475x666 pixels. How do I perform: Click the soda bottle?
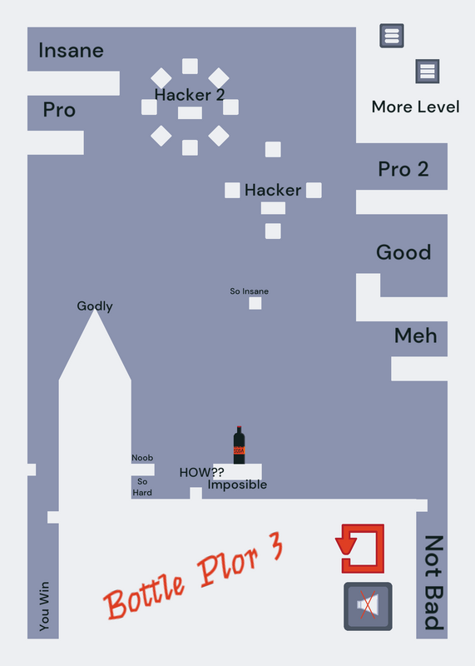point(239,445)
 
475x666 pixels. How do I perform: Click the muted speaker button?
point(368,606)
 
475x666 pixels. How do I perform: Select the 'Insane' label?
point(71,51)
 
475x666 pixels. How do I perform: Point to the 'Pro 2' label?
point(403,169)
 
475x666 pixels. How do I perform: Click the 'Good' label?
point(403,252)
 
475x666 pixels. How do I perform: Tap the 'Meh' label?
point(416,335)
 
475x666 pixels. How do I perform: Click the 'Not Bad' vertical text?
point(434,583)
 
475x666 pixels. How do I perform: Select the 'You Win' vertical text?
point(44,606)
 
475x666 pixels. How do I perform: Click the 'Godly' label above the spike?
point(95,306)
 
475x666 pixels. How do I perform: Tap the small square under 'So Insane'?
point(255,303)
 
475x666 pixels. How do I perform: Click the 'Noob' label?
point(142,458)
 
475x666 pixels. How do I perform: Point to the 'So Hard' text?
point(142,487)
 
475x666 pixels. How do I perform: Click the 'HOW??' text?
point(201,472)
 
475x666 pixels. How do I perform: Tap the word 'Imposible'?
point(237,485)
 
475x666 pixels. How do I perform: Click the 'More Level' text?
point(416,107)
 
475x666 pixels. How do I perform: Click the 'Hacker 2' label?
point(190,95)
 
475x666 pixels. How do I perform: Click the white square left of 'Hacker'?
point(232,190)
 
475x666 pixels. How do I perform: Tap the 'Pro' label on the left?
point(59,110)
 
